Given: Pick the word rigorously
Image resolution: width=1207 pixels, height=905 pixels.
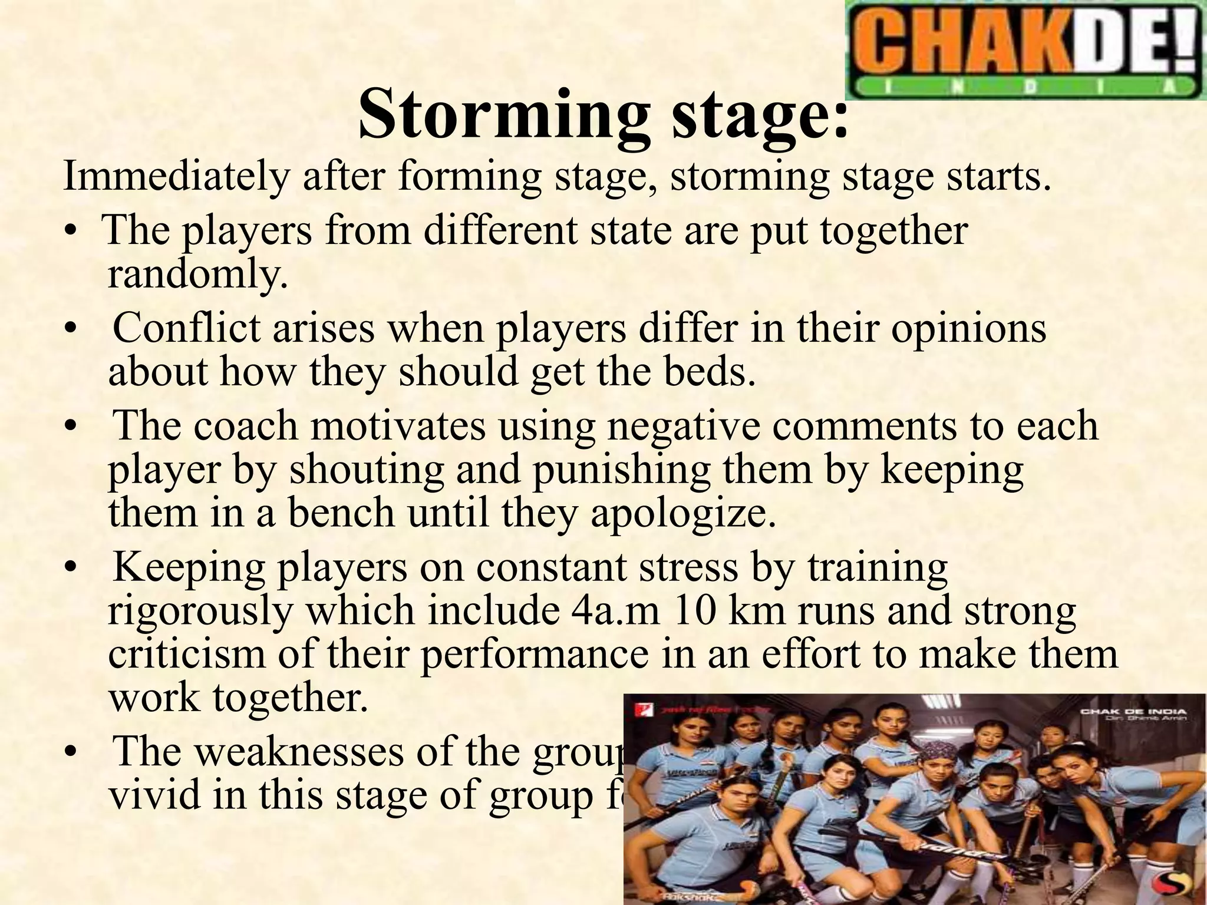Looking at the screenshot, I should click(x=200, y=611).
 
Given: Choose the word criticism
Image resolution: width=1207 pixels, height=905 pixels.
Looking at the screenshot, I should click(x=187, y=655).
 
